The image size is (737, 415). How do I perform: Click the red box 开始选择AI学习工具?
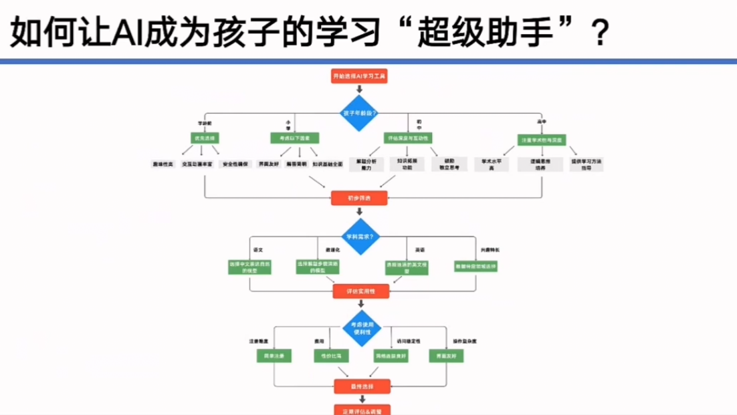coord(359,76)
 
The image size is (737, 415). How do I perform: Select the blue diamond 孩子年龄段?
coord(359,112)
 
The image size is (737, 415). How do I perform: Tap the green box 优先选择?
coord(205,138)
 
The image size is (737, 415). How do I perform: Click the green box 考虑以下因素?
coord(294,138)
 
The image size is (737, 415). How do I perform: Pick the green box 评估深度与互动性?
coord(407,138)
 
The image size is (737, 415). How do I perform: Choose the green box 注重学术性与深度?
coord(541,140)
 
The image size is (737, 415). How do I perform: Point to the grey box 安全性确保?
coord(235,164)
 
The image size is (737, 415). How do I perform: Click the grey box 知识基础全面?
coord(328,164)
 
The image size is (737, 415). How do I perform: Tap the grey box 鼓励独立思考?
coord(447,164)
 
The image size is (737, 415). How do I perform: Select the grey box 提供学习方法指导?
coord(586,164)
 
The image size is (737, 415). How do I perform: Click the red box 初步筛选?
coord(359,198)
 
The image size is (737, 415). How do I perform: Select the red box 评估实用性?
coord(360,291)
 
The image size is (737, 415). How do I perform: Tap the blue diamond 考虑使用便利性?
coord(361,328)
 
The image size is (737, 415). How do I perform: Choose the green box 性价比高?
coord(331,356)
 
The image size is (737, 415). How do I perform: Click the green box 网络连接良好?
coord(391,356)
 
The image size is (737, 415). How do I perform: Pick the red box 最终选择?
coord(361,386)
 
